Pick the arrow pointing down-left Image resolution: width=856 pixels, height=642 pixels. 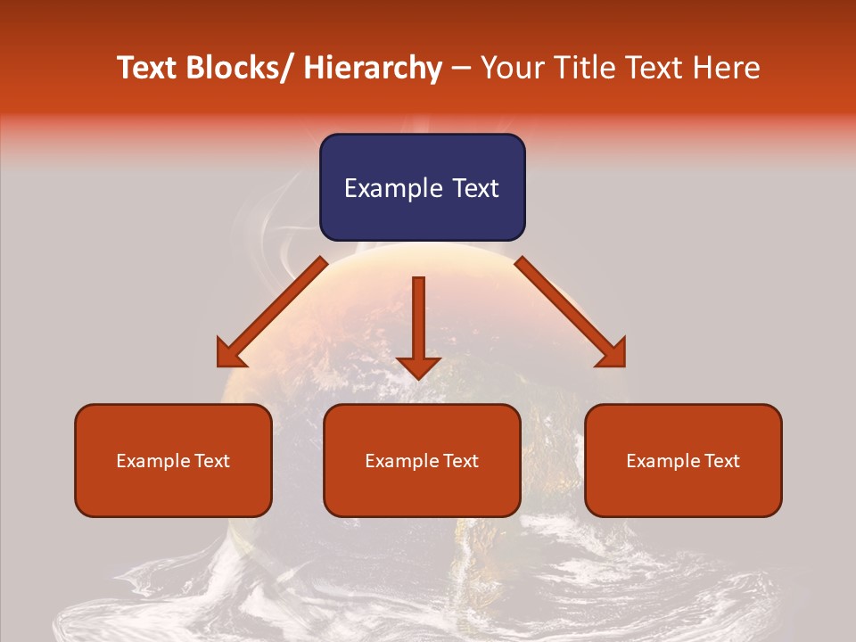[272, 312]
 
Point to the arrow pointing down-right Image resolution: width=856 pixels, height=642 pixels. [571, 312]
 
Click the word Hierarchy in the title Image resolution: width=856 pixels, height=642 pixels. [373, 68]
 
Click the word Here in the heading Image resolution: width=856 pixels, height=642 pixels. [727, 68]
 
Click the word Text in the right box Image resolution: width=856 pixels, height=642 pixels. [720, 461]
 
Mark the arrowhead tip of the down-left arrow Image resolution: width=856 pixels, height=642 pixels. [219, 365]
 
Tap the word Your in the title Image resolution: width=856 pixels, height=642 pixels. [512, 68]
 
